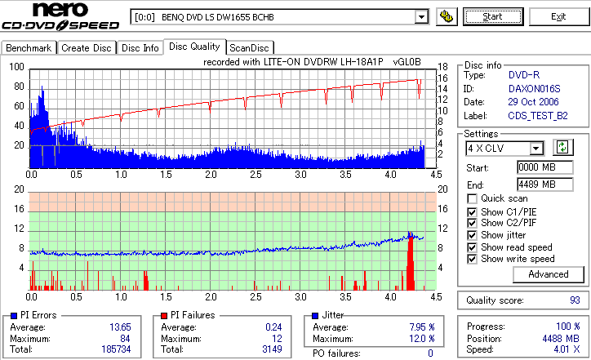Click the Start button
click(493, 16)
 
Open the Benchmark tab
click(29, 48)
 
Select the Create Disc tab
click(86, 48)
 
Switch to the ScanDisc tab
click(250, 48)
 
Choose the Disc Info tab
click(140, 48)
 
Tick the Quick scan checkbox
click(472, 198)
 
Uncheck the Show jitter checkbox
click(472, 235)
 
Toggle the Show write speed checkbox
click(472, 259)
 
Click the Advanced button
click(548, 274)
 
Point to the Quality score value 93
click(575, 300)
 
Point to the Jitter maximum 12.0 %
click(421, 338)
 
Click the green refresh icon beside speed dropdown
click(562, 147)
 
